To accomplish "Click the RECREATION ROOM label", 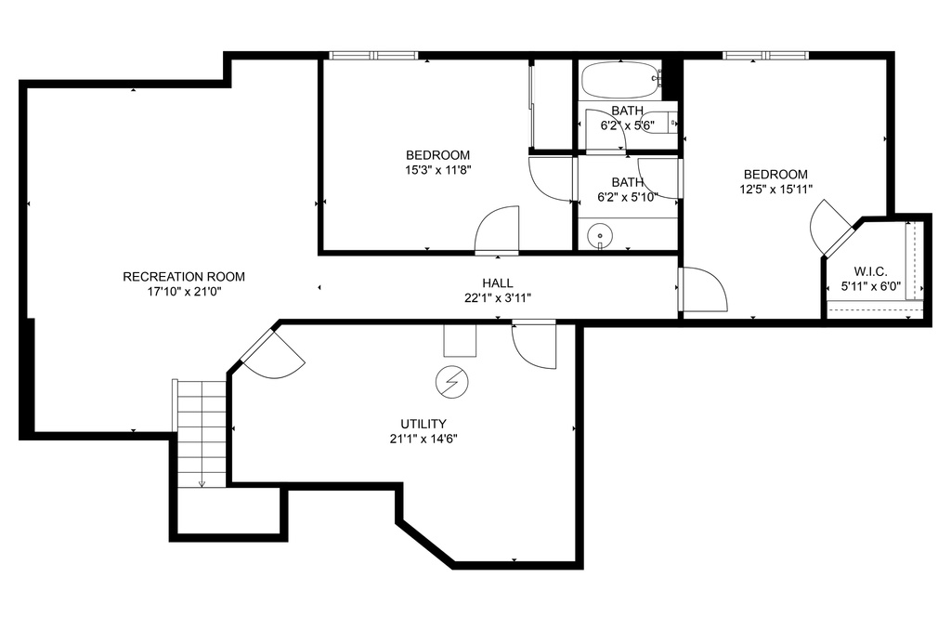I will point(184,276).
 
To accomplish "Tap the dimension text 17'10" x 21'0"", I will point(184,291).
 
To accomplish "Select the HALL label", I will point(497,283).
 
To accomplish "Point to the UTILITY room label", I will point(423,424).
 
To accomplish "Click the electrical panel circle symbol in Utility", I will point(452,380).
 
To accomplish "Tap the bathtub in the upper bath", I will point(619,82).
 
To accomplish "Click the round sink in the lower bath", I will point(601,237).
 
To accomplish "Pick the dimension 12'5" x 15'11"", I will point(775,189).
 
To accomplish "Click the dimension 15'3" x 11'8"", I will point(437,169).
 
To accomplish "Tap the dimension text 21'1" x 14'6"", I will point(423,439).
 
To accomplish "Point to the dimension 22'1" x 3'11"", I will point(497,298).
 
